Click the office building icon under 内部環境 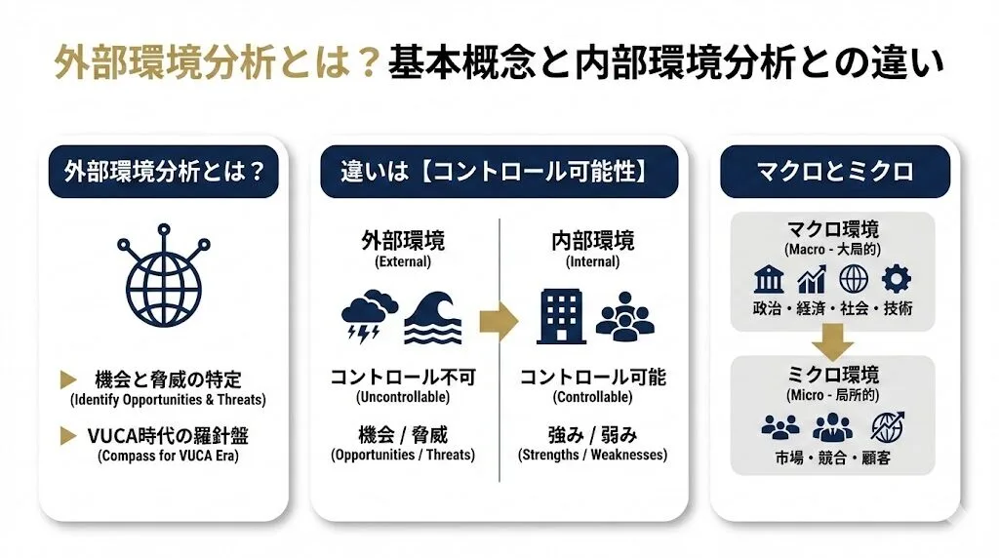point(561,316)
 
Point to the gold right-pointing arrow point(498,322)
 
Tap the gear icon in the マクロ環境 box point(896,280)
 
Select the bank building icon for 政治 point(769,281)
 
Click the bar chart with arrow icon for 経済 point(812,281)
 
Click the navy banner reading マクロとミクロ point(834,172)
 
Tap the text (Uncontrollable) point(402,397)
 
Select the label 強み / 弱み point(592,434)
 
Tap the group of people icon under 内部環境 point(624,316)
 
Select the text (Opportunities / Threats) point(402,455)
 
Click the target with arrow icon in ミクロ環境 point(889,427)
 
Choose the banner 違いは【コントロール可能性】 point(499,172)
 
